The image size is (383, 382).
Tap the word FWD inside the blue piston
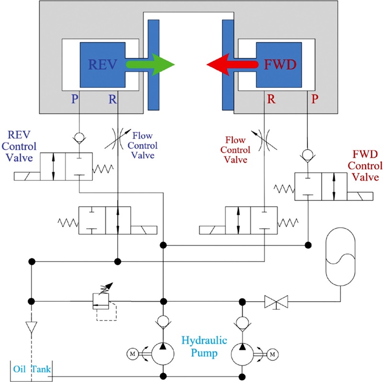click(x=278, y=65)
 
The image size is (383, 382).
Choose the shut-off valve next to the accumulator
click(x=276, y=302)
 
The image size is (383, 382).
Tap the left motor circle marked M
click(x=132, y=354)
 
